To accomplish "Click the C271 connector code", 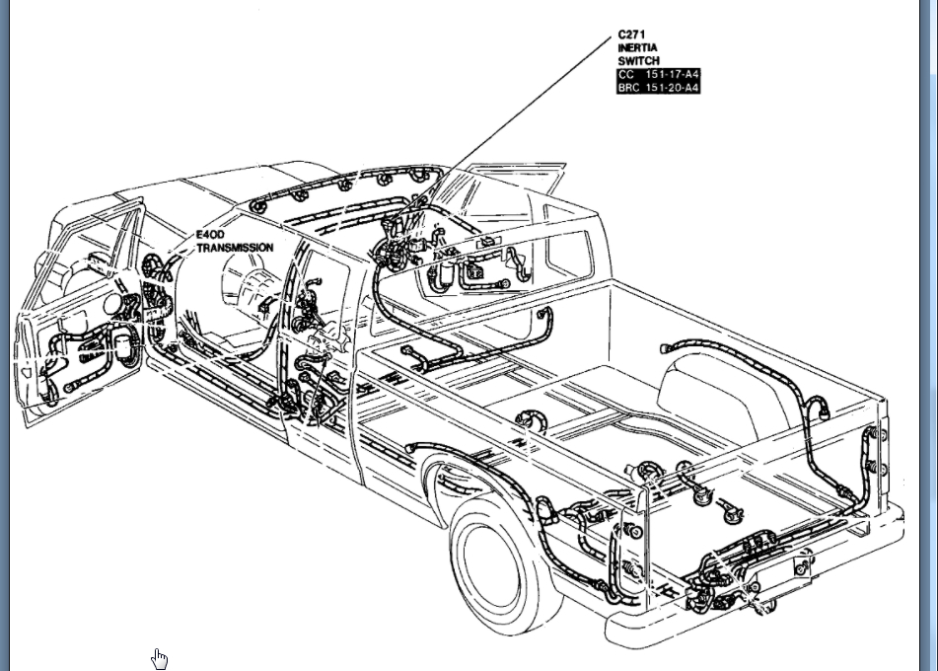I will pyautogui.click(x=632, y=35).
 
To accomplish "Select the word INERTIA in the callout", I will pyautogui.click(x=638, y=47).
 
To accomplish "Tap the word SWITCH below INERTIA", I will pyautogui.click(x=638, y=61).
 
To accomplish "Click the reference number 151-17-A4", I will pyautogui.click(x=673, y=75).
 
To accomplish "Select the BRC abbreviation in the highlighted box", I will pyautogui.click(x=629, y=88).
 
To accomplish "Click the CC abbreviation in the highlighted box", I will pyautogui.click(x=626, y=75).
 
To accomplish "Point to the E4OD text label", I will pyautogui.click(x=210, y=235).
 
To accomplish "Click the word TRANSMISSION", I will pyautogui.click(x=235, y=248).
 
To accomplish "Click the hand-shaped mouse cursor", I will pyautogui.click(x=160, y=658).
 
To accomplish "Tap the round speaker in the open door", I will pyautogui.click(x=120, y=345).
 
